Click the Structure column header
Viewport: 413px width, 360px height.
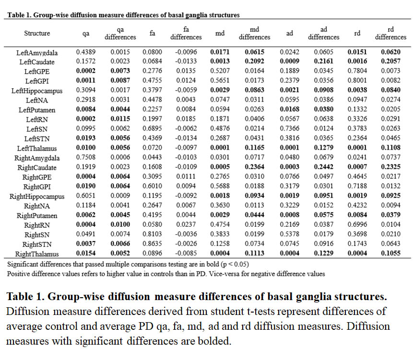pyautogui.click(x=37, y=33)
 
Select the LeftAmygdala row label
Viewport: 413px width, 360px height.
pyautogui.click(x=36, y=52)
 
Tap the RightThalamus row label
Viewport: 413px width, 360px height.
pyautogui.click(x=37, y=254)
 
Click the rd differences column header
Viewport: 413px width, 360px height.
pyautogui.click(x=390, y=33)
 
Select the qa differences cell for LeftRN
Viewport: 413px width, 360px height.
pyautogui.click(x=119, y=119)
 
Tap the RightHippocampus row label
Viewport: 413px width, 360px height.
pyautogui.click(x=37, y=197)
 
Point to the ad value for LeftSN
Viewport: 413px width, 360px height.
pyautogui.click(x=290, y=129)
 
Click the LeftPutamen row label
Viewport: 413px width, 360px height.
pyautogui.click(x=37, y=110)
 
